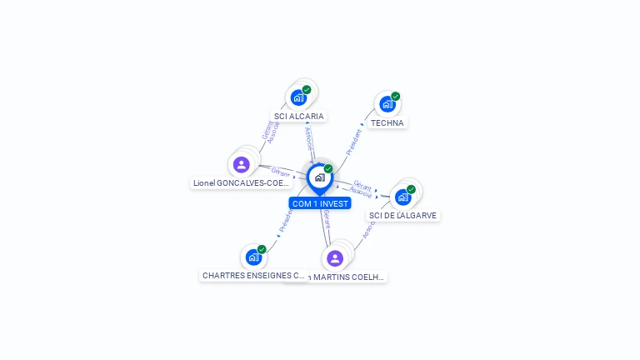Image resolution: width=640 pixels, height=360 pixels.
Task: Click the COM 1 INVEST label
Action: (319, 203)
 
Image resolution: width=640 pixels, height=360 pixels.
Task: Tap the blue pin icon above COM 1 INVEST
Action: (319, 177)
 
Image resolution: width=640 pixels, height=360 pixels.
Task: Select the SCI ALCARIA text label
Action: (298, 117)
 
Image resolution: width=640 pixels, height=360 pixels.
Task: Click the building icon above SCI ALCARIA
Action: (298, 97)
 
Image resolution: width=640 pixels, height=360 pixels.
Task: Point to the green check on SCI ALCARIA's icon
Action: (307, 89)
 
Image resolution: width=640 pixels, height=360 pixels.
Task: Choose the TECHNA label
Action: (387, 123)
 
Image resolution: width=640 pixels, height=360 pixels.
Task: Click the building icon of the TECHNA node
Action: (387, 104)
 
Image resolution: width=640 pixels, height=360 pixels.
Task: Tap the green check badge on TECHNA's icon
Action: (396, 96)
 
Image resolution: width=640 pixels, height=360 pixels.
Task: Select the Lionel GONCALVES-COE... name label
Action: (241, 182)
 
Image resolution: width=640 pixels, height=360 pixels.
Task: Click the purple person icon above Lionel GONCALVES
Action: (242, 164)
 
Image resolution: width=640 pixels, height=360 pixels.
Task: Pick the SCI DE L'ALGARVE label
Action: (403, 215)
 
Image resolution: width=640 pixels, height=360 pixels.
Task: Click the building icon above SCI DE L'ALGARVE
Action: (403, 197)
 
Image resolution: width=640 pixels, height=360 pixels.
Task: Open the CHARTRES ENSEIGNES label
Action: (253, 275)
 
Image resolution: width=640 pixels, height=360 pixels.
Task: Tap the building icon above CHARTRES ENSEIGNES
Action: (253, 257)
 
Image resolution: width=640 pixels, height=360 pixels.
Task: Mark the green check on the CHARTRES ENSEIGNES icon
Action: (262, 249)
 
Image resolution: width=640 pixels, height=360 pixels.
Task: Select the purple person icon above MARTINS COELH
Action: (335, 258)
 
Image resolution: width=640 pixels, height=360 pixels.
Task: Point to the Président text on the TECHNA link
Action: (353, 142)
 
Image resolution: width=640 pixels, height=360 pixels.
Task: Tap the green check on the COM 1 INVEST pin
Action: (328, 169)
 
